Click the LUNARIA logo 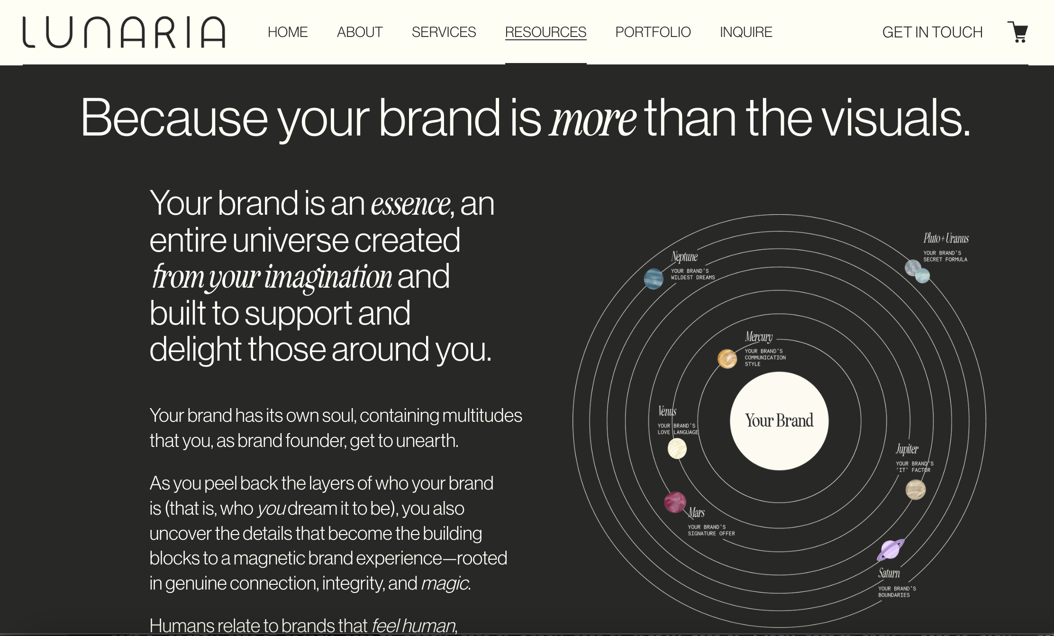pos(124,32)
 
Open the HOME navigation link pos(288,32)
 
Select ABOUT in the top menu pos(360,32)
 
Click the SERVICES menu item pos(444,32)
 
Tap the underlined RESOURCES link pos(545,32)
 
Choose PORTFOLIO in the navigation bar pos(653,32)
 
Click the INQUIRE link pos(746,32)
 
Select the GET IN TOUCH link pos(932,32)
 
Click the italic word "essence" pos(410,205)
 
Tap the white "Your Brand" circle pos(779,421)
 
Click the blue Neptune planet pos(654,279)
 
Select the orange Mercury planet pos(727,359)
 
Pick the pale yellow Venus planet pos(677,448)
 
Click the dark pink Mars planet pos(675,502)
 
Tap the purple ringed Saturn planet pos(890,550)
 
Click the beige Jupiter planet pos(916,490)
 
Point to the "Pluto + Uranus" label pos(946,238)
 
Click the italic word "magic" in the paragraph pos(445,583)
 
